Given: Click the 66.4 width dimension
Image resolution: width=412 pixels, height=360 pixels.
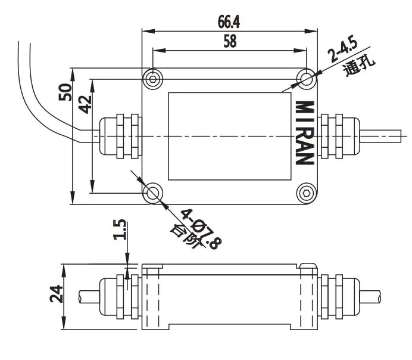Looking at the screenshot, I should coord(230,23).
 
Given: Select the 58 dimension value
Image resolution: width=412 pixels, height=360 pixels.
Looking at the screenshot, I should coord(230,42).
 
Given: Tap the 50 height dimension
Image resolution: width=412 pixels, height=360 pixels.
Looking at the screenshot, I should coord(65,92).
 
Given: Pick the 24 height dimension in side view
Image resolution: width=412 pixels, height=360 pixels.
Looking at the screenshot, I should coord(56,294).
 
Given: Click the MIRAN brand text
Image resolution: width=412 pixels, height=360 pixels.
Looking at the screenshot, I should coord(304,132).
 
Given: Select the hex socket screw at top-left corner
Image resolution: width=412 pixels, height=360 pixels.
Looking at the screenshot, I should coord(154,79).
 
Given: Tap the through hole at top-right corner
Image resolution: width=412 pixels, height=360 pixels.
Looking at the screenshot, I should coord(307,79).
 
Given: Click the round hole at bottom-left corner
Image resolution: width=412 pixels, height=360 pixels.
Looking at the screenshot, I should coord(154,193).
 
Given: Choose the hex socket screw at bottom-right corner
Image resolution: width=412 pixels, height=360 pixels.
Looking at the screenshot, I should coord(307,193).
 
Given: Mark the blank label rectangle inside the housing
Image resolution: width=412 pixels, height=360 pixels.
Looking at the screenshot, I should coord(230,136).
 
